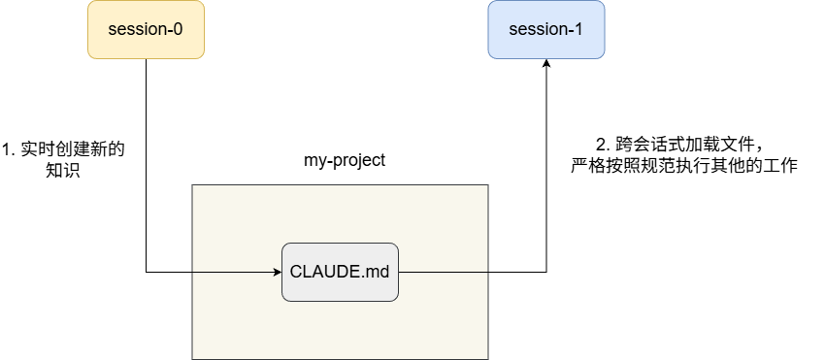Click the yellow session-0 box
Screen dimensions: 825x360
click(x=146, y=29)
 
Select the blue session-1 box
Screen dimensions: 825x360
click(x=546, y=29)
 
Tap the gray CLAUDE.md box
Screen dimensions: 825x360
click(x=340, y=272)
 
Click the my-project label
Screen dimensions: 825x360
click(x=345, y=160)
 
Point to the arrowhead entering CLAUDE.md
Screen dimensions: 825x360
click(x=278, y=272)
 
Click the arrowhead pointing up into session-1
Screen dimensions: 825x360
click(x=546, y=64)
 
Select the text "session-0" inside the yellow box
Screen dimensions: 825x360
click(x=146, y=29)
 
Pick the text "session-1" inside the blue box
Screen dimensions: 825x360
click(x=546, y=29)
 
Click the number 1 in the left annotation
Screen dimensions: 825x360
click(x=7, y=149)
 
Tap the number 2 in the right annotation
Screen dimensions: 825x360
click(x=601, y=144)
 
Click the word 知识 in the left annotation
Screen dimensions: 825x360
click(x=63, y=170)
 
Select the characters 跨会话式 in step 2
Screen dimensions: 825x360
click(x=647, y=144)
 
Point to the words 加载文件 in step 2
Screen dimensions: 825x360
click(x=716, y=144)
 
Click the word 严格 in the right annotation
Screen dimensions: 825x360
click(x=588, y=165)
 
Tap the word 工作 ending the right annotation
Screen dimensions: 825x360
click(x=780, y=165)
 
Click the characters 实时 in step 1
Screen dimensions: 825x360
click(x=37, y=149)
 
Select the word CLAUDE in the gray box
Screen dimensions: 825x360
click(x=320, y=273)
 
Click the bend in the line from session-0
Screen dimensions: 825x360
click(x=146, y=272)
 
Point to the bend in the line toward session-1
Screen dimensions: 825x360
click(x=546, y=272)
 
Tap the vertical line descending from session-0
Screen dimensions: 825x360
click(x=146, y=165)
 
